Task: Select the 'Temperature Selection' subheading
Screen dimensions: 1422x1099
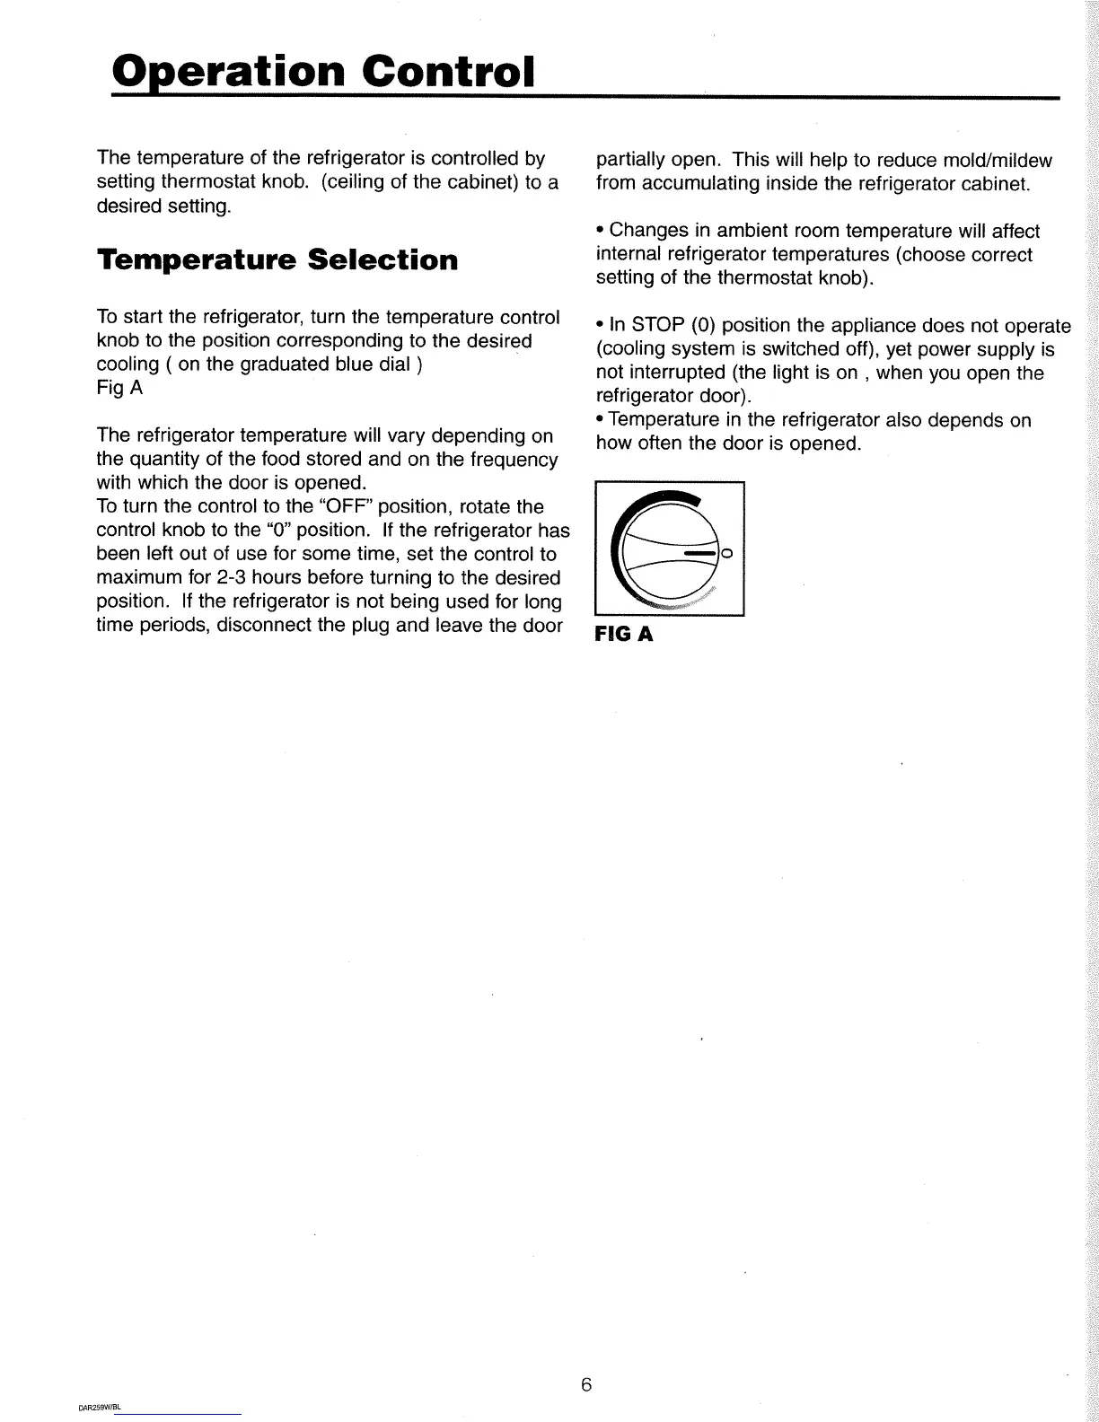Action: click(277, 260)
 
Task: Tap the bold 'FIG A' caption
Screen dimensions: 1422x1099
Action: click(622, 635)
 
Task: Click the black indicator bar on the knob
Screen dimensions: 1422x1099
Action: click(700, 554)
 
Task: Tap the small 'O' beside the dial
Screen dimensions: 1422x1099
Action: click(727, 553)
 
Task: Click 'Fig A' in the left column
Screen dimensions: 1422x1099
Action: click(119, 389)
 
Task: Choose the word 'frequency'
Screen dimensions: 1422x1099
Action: click(513, 460)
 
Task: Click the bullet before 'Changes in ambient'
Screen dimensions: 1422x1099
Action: click(600, 232)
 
